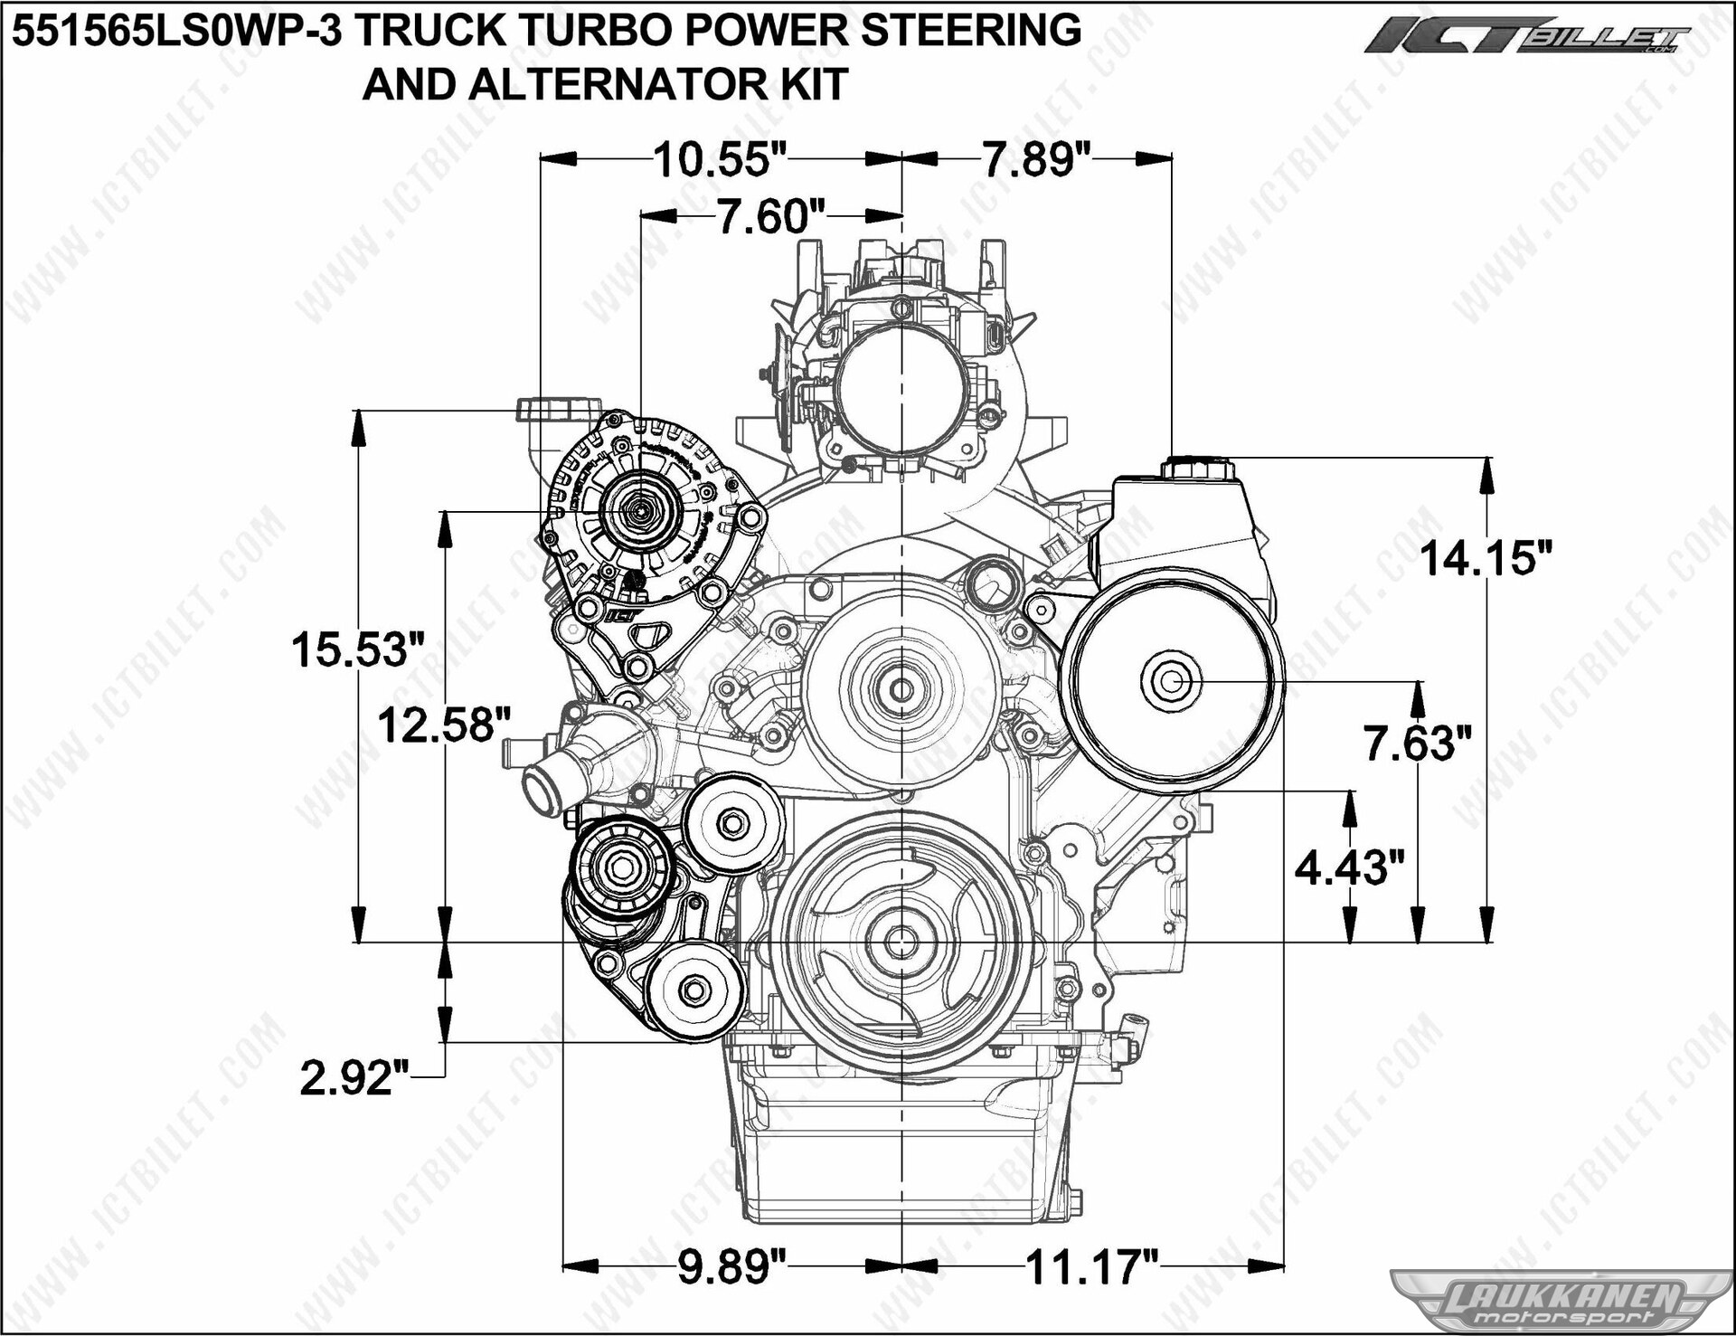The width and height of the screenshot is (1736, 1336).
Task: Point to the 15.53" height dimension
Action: tap(357, 649)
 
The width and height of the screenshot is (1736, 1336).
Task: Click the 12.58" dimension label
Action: tap(444, 725)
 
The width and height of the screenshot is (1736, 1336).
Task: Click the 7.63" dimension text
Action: tap(1418, 744)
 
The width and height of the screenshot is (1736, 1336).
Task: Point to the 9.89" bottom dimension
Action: tap(732, 1266)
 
